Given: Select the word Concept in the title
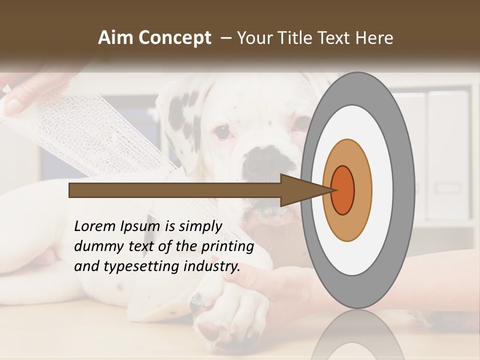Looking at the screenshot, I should [x=174, y=38].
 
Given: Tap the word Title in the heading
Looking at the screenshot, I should [x=297, y=38].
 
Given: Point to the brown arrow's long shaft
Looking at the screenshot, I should [x=175, y=190].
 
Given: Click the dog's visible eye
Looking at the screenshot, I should [x=222, y=132].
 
